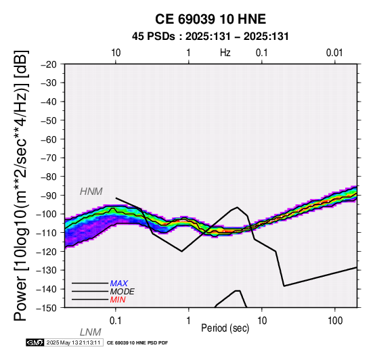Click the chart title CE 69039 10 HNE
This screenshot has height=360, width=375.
211,19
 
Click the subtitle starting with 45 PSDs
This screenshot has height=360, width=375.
211,37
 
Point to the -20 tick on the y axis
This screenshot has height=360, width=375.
49,64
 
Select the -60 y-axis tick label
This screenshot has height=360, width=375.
49,139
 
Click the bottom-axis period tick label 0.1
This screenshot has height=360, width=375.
115,321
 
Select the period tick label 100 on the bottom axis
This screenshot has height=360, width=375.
335,321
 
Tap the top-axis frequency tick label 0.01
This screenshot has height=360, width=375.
334,53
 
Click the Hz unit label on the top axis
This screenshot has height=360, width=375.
225,53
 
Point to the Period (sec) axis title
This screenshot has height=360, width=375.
225,328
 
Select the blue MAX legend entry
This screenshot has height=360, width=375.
118,284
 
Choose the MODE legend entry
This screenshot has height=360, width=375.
123,292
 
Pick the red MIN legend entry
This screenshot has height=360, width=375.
118,300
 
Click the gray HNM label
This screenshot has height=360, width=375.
91,192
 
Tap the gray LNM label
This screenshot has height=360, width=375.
91,332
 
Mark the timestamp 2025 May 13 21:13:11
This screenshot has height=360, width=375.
73,342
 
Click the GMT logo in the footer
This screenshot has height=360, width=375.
35,342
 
